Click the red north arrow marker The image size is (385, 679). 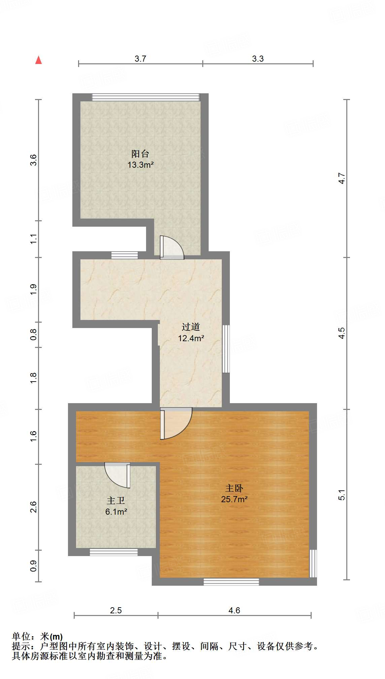pyautogui.click(x=39, y=60)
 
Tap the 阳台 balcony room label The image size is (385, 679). pyautogui.click(x=140, y=154)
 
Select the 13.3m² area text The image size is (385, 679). pyautogui.click(x=140, y=165)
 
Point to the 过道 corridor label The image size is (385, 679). pyautogui.click(x=191, y=327)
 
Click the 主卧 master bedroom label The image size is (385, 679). pyautogui.click(x=234, y=488)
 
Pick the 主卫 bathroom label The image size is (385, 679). pyautogui.click(x=116, y=501)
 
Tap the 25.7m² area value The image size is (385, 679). pyautogui.click(x=234, y=499)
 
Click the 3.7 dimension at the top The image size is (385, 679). pyautogui.click(x=140, y=59)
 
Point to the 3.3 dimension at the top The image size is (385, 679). pyautogui.click(x=258, y=59)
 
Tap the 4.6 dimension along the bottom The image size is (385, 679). pyautogui.click(x=234, y=610)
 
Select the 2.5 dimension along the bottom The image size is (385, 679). pyautogui.click(x=116, y=610)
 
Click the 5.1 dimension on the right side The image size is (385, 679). pyautogui.click(x=342, y=495)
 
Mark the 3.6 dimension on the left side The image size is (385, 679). pyautogui.click(x=33, y=160)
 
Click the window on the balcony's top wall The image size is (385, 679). pyautogui.click(x=146, y=97)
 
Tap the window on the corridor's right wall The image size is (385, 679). pyautogui.click(x=226, y=349)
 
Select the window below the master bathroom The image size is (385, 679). pyautogui.click(x=113, y=552)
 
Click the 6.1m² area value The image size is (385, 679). pyautogui.click(x=116, y=512)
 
